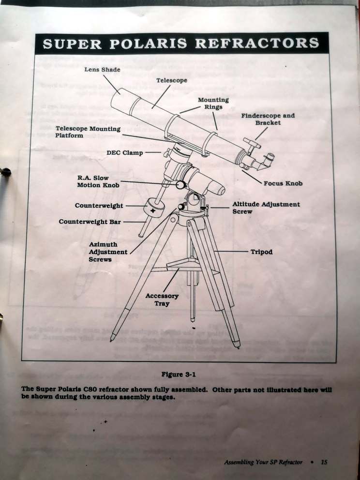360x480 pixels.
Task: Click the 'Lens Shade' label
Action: [x=102, y=70]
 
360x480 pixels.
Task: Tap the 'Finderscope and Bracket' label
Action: [x=268, y=119]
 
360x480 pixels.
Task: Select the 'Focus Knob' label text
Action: [x=283, y=183]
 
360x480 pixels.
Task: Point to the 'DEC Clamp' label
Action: [x=124, y=153]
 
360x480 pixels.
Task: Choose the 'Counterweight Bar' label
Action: [x=90, y=222]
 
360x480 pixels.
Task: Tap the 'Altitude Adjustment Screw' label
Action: [x=266, y=208]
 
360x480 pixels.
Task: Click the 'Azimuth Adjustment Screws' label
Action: [x=107, y=252]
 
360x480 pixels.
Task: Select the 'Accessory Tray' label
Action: [x=162, y=300]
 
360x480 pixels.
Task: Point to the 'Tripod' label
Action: [x=261, y=252]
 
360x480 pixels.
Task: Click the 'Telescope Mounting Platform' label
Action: [x=88, y=132]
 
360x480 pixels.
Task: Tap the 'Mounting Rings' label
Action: [x=213, y=103]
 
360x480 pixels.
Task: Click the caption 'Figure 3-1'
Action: [x=180, y=374]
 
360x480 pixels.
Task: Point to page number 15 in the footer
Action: [x=324, y=462]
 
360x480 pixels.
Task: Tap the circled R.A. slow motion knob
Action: [x=180, y=184]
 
